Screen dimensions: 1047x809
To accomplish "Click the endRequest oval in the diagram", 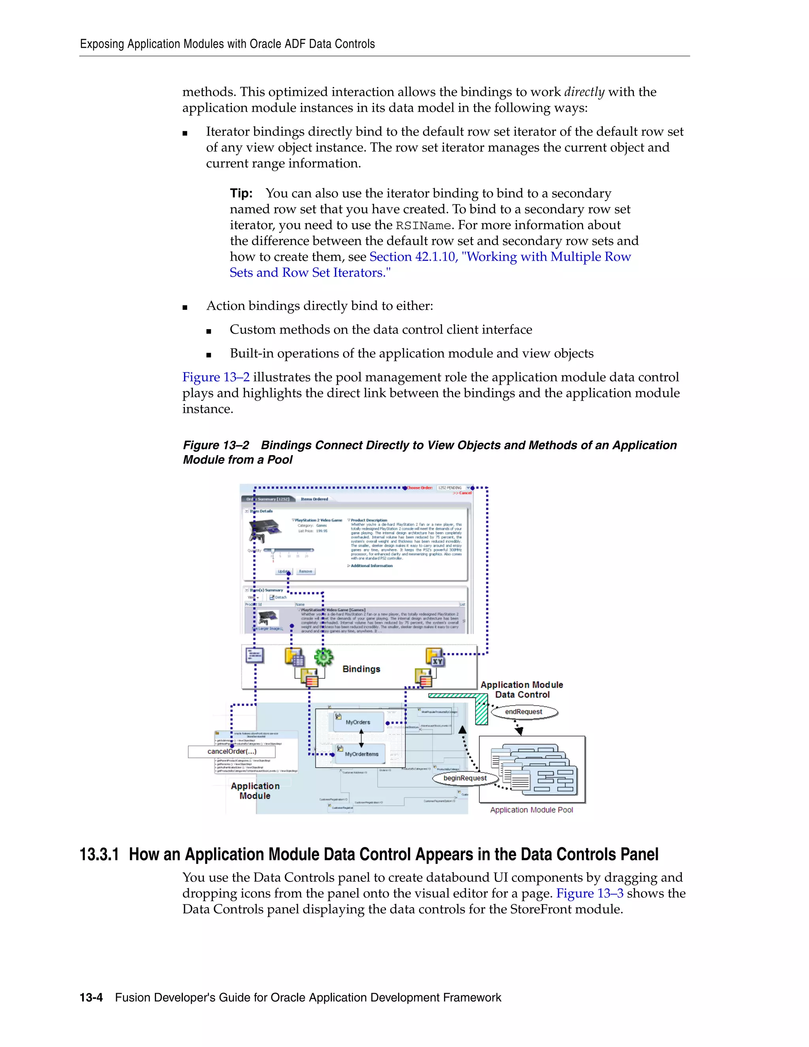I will coord(524,712).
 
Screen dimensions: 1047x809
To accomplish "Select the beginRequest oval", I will coord(465,778).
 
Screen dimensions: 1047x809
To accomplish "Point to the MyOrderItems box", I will coord(362,754).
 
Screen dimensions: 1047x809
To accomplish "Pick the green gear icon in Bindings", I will coord(324,657).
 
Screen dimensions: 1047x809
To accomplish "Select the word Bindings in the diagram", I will coord(361,669).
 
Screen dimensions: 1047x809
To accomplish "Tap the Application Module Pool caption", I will coord(532,810).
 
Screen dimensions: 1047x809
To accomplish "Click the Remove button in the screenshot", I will coord(305,571).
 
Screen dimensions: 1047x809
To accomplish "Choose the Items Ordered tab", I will coord(314,499).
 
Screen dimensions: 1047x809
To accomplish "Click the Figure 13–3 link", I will coord(589,893).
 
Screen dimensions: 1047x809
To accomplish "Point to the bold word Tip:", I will coord(241,193).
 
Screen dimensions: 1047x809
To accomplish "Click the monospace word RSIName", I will coord(423,225).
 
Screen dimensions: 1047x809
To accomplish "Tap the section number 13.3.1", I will coord(99,855).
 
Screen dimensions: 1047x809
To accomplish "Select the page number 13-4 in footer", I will coord(91,998).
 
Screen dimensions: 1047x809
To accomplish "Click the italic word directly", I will coord(584,92).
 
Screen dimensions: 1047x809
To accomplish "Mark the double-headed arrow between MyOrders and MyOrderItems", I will coord(361,738).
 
